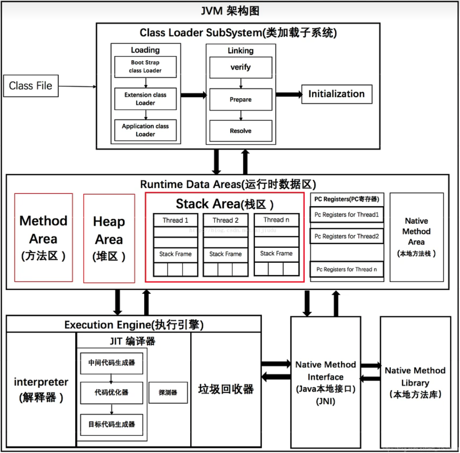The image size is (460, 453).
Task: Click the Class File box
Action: [x=31, y=86]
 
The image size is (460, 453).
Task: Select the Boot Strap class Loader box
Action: [x=145, y=66]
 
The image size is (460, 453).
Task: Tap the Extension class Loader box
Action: [x=145, y=99]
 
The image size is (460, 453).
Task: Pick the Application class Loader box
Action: [x=145, y=130]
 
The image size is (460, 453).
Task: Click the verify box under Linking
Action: [x=241, y=67]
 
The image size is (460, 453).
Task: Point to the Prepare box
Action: [x=241, y=99]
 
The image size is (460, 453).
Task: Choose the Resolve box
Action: [x=241, y=131]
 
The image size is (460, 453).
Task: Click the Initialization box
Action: [x=336, y=94]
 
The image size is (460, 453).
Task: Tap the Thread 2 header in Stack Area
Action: [x=225, y=220]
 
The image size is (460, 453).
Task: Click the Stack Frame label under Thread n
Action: [x=276, y=254]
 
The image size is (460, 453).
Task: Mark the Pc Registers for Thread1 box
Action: [x=347, y=215]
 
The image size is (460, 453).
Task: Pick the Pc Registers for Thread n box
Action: [x=347, y=270]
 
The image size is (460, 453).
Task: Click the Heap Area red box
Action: [x=109, y=239]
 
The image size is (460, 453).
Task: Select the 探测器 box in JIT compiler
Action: [x=168, y=393]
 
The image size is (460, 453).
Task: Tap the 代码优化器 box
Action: [x=111, y=393]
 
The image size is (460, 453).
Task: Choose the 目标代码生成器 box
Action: [x=111, y=425]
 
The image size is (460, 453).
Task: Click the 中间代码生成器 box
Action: [x=111, y=363]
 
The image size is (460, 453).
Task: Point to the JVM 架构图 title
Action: [x=230, y=11]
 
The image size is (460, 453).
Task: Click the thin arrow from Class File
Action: [x=77, y=86]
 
